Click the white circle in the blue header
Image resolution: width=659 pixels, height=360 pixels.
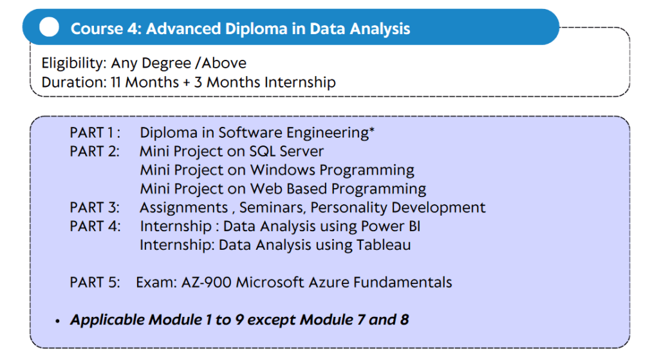[x=49, y=27]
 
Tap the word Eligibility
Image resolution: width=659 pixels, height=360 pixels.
[x=74, y=64]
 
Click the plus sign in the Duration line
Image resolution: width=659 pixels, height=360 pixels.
[x=186, y=82]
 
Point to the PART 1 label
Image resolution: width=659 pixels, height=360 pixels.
[x=95, y=133]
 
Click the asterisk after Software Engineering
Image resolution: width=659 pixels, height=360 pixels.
[x=371, y=129]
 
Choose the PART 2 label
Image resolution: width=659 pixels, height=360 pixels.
[x=95, y=151]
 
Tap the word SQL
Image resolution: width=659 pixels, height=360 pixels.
[x=263, y=151]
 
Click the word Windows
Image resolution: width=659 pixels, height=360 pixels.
[x=283, y=170]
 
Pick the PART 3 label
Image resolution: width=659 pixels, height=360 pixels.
[x=95, y=207]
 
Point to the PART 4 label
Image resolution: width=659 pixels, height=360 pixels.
[x=95, y=226]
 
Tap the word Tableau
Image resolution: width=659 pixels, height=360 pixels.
[x=384, y=245]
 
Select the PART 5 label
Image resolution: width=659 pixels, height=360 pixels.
[x=95, y=282]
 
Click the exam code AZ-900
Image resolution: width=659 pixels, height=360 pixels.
[x=206, y=282]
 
